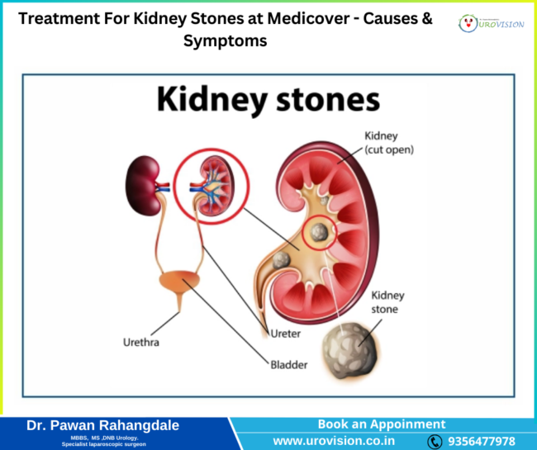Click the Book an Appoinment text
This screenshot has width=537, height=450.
tap(382, 424)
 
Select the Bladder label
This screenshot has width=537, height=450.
tap(289, 362)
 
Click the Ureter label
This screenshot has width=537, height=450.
tap(284, 334)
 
